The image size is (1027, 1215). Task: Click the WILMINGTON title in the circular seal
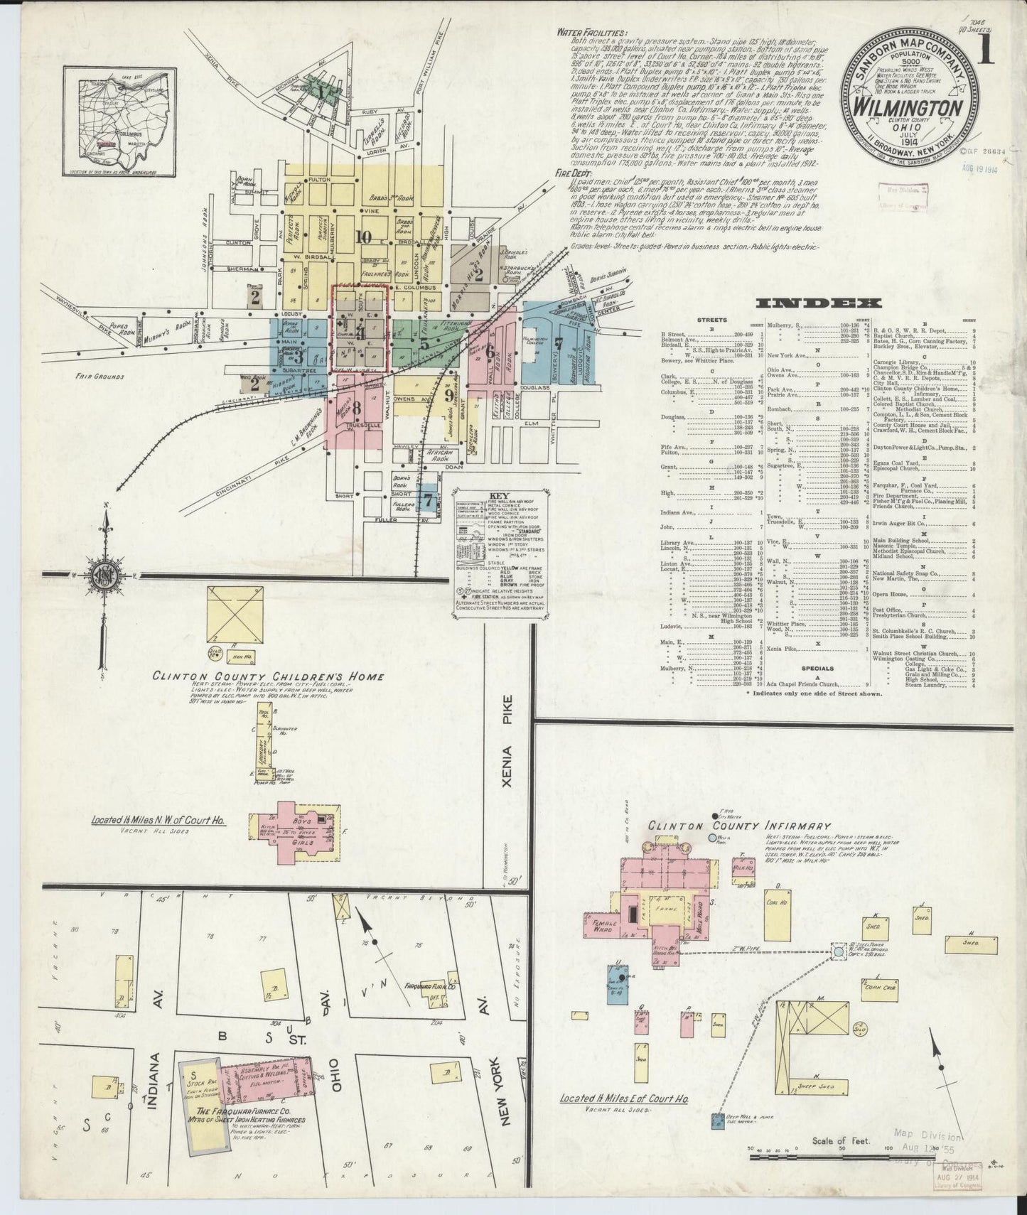tap(909, 109)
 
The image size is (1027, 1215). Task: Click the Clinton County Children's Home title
tap(268, 676)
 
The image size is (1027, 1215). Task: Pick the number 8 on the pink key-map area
tap(357, 408)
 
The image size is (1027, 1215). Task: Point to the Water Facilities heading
tap(593, 33)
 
